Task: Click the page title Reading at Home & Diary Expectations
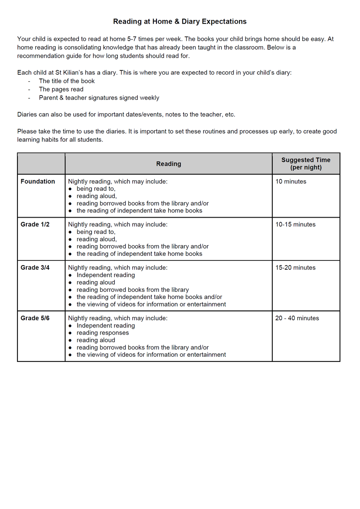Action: point(180,21)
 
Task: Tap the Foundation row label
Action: point(38,182)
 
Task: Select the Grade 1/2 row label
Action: point(35,224)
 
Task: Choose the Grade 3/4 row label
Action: point(35,268)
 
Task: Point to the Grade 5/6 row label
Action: point(35,318)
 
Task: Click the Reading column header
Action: point(168,164)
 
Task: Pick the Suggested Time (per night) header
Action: point(306,164)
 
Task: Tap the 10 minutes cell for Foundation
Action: point(291,182)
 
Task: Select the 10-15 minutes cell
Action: point(296,224)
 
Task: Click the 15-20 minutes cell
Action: point(296,268)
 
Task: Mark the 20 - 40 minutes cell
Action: point(297,318)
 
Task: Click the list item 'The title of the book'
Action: point(67,81)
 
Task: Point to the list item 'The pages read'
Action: point(61,89)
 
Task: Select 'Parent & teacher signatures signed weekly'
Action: point(99,98)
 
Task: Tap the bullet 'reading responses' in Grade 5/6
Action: point(103,333)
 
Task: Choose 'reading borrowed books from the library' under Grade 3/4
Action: point(132,290)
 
